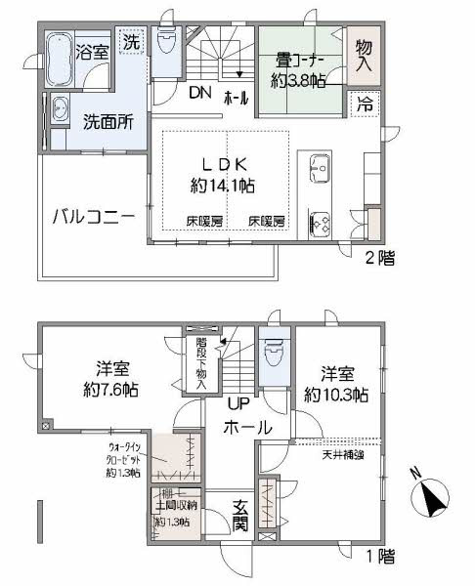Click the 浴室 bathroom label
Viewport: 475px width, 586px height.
pos(93,51)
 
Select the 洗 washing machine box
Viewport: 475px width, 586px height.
pos(131,43)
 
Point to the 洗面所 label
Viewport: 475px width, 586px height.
pos(107,123)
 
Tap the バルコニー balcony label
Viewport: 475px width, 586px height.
pos(93,216)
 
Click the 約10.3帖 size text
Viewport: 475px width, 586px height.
pos(335,395)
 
